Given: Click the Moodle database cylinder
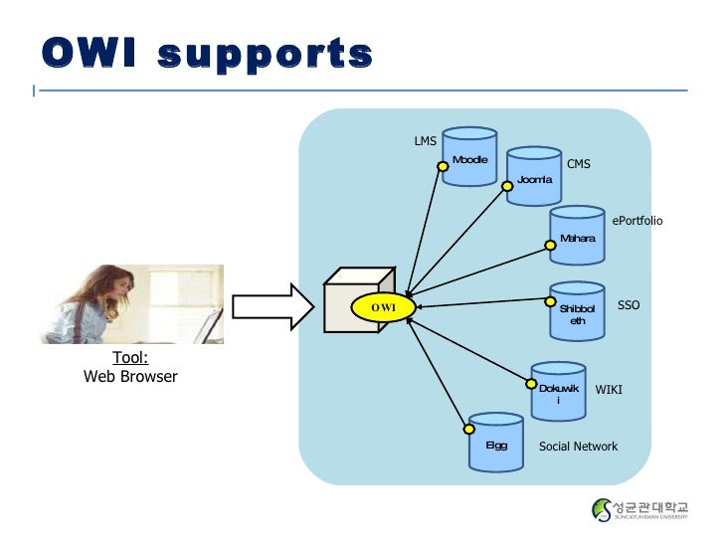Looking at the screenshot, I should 470,157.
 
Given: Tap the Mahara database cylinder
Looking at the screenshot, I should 578,236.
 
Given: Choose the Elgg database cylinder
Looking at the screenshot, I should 496,444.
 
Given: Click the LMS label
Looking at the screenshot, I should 425,141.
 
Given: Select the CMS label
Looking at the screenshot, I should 578,164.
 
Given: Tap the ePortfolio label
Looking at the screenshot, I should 636,221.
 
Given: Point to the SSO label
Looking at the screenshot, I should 629,305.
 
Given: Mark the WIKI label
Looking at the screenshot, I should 608,390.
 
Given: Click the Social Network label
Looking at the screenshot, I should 578,447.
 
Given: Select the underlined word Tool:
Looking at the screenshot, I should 130,358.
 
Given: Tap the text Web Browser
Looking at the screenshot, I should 130,377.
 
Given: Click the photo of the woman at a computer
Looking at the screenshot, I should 130,303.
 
